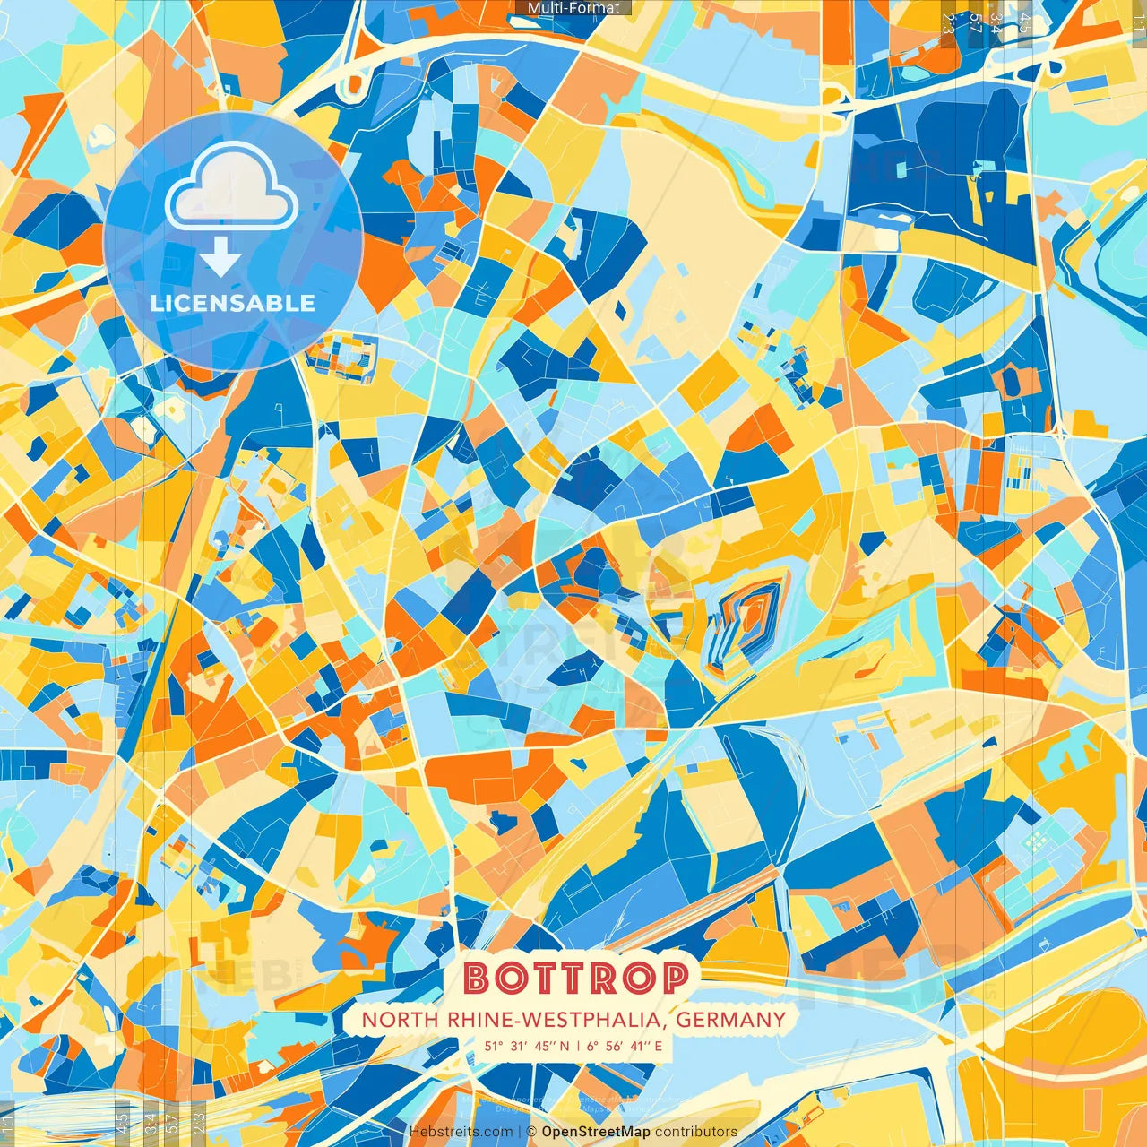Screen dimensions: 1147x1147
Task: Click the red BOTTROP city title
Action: pos(576,978)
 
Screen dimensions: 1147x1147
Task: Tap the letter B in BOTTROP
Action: pos(477,979)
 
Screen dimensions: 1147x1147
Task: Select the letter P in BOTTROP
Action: pos(674,979)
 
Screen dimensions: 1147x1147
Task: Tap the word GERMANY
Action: pos(731,1020)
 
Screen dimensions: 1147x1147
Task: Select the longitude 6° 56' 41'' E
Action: pos(625,1046)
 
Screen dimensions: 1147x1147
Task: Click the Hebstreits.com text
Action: pos(461,1132)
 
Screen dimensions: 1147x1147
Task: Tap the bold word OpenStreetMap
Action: pos(596,1132)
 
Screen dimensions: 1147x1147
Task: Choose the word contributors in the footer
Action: pos(696,1132)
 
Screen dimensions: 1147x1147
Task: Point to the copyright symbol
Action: pos(531,1132)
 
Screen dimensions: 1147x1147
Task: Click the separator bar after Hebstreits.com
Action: pos(520,1132)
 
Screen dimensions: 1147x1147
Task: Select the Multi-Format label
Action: pos(573,8)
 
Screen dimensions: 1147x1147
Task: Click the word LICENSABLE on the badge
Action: pos(233,303)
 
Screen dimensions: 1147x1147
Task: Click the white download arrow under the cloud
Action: pos(220,258)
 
